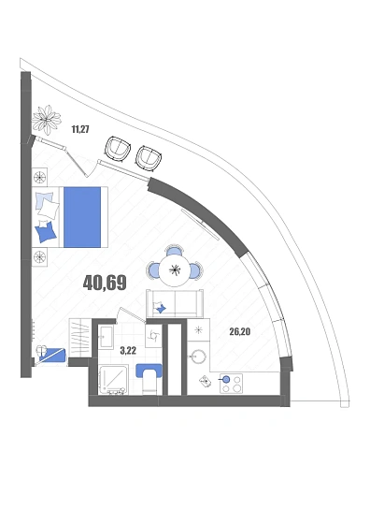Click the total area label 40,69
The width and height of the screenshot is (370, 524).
[105, 283]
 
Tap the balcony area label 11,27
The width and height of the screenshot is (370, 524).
[80, 129]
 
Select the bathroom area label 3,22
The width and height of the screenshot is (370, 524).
[128, 350]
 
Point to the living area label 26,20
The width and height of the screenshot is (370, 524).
[239, 331]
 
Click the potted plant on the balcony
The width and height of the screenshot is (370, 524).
[47, 120]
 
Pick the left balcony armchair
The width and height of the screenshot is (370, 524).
[117, 149]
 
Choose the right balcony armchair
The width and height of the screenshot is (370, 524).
[149, 158]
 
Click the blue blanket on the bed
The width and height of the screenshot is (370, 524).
[82, 217]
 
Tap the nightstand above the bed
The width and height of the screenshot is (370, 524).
[39, 176]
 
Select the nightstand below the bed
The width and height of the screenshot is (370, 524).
[39, 256]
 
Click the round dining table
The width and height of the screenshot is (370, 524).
[174, 270]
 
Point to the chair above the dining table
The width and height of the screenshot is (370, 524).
[174, 251]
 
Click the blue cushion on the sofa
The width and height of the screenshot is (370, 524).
[162, 308]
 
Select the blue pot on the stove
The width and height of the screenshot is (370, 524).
[226, 379]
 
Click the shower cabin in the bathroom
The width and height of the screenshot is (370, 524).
[114, 380]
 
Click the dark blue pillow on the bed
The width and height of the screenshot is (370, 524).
[46, 231]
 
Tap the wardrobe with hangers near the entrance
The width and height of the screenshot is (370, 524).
[80, 338]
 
